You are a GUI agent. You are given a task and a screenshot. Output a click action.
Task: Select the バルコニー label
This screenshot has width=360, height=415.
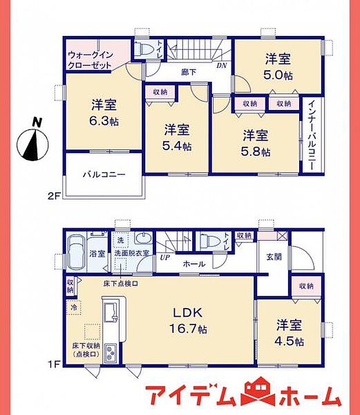point(103,174)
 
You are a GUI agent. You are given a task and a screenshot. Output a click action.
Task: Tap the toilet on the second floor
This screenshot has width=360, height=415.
point(143,48)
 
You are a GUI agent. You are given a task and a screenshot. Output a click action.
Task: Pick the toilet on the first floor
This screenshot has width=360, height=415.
point(206,241)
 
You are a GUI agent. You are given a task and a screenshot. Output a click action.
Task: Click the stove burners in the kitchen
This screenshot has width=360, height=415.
point(110,353)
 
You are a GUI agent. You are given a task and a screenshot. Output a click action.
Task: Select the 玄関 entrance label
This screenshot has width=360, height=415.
point(273,256)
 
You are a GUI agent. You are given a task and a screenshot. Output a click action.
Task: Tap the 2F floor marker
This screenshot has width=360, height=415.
point(54,196)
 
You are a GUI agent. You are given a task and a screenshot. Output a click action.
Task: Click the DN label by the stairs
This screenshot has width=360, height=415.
point(222,66)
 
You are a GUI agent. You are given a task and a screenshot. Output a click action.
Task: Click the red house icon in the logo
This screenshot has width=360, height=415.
point(256,395)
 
